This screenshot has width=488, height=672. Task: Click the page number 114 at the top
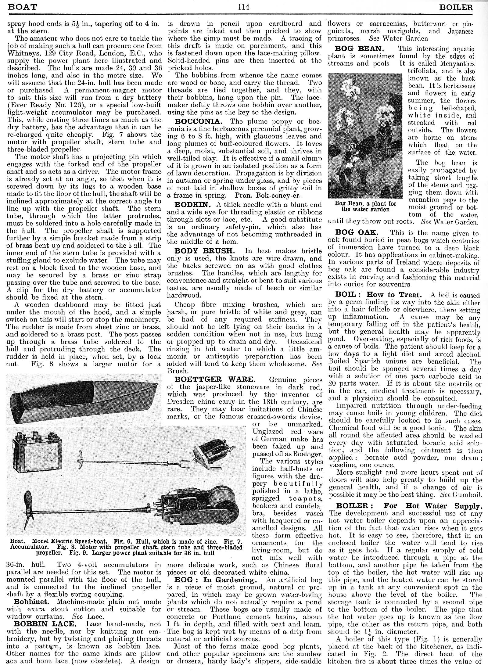(x=244, y=7)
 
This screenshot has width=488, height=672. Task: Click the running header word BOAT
(x=22, y=7)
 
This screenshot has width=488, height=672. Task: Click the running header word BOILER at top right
(x=456, y=7)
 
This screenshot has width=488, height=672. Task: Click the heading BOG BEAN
(x=359, y=49)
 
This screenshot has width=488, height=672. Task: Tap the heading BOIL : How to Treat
(x=378, y=295)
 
